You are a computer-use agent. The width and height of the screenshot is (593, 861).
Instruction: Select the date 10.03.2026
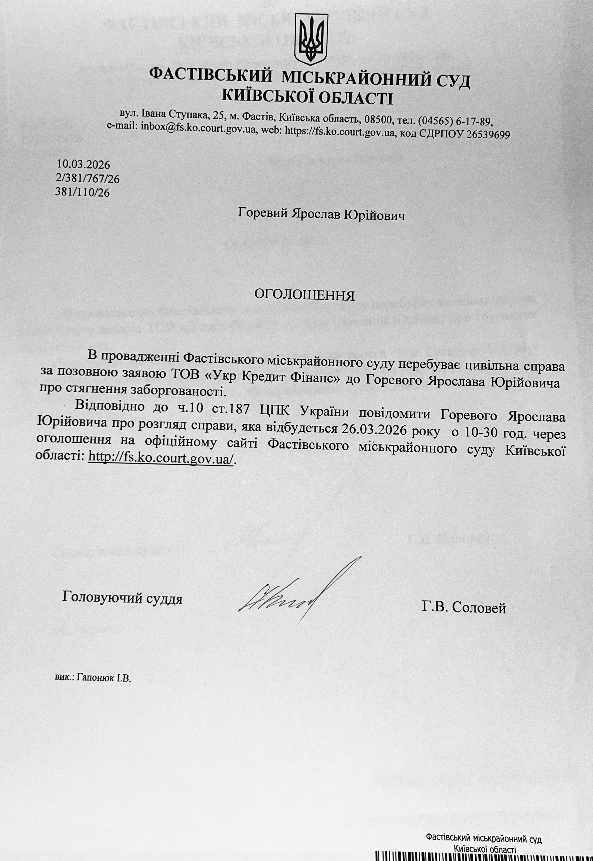[x=84, y=164]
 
